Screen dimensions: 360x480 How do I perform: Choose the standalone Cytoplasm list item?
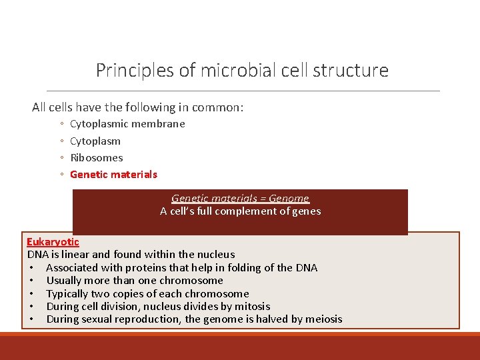95,141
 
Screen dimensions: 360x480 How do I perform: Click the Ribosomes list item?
97,157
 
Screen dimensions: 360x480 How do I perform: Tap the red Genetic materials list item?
113,174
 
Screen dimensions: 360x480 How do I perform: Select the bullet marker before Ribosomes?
61,158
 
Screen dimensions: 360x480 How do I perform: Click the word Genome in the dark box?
289,198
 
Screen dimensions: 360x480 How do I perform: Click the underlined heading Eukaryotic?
53,241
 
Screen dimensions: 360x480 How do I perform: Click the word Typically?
69,293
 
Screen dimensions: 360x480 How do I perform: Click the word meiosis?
319,319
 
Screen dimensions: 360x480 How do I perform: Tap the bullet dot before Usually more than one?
31,281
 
